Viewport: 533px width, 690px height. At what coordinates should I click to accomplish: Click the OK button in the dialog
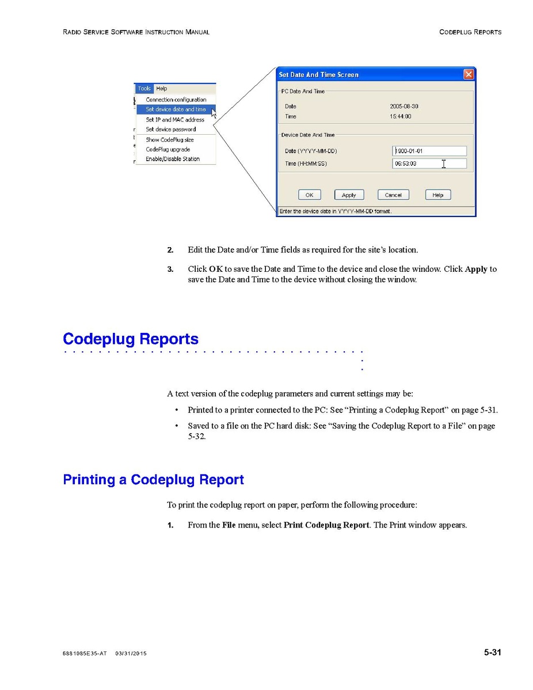tap(309, 195)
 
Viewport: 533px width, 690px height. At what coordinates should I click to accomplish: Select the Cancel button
tap(393, 195)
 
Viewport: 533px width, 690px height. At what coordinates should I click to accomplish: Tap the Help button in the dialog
tap(438, 195)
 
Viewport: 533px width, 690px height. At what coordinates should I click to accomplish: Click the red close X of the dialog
tap(469, 74)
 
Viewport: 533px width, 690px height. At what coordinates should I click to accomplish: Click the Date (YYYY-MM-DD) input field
tap(429, 151)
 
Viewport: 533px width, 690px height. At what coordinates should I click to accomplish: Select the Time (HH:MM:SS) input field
tap(429, 164)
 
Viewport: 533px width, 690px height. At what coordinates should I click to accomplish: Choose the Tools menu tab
tap(144, 89)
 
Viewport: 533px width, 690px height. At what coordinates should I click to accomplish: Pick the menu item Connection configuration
tap(176, 100)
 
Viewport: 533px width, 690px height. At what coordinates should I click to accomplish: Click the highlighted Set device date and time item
tap(176, 109)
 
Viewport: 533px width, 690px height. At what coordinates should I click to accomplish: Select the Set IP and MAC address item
tap(175, 120)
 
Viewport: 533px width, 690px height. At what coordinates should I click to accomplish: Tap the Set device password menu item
tap(170, 130)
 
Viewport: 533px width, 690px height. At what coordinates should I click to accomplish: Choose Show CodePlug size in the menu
tap(170, 140)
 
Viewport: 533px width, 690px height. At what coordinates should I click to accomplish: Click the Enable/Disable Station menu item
tap(173, 159)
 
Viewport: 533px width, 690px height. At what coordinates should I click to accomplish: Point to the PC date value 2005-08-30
tap(404, 107)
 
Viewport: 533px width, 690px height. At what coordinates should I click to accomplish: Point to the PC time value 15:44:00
tap(401, 116)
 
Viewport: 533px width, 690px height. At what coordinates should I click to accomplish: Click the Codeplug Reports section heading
tap(131, 339)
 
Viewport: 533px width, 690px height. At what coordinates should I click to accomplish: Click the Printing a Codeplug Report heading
tap(153, 480)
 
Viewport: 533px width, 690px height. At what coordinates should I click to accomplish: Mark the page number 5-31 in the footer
tap(492, 653)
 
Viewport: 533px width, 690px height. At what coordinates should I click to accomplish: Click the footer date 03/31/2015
tap(131, 654)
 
